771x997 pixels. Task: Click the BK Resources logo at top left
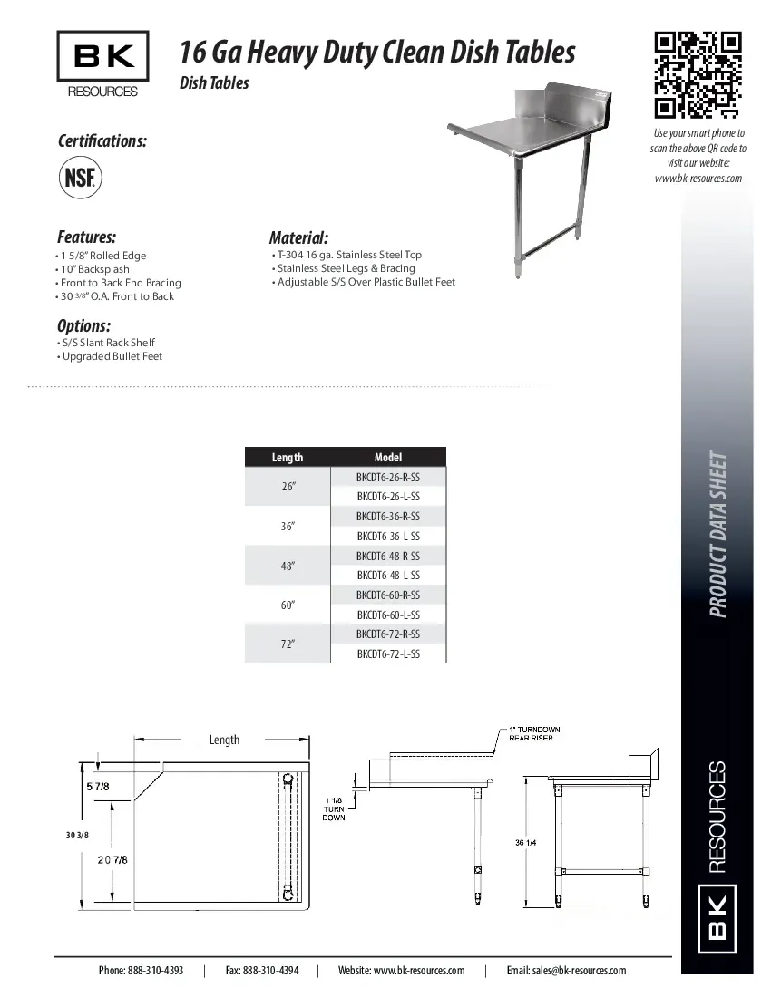coord(102,63)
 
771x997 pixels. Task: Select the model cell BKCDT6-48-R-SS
coord(388,556)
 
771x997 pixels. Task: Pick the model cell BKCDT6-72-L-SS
coord(388,653)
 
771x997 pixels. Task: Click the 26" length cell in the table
coord(288,487)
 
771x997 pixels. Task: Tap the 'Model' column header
coord(388,458)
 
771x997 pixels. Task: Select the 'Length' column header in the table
coord(288,458)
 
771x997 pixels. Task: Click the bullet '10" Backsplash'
coord(95,269)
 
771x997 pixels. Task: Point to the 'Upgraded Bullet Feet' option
coord(112,356)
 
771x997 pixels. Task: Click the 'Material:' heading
coord(298,238)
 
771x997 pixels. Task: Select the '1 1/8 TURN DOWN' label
coord(334,808)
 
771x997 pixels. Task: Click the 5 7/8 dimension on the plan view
coord(98,787)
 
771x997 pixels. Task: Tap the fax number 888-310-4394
coord(262,970)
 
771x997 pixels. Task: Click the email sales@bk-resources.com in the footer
coord(566,970)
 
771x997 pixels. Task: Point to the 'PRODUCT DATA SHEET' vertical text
coord(717,535)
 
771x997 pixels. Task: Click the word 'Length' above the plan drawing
coord(224,740)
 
